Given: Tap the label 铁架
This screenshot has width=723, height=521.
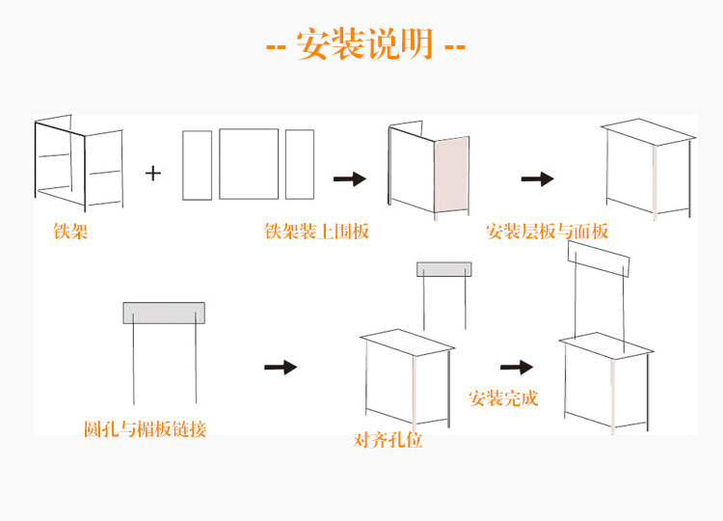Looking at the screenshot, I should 70,233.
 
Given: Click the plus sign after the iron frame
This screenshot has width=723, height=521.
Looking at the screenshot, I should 153,174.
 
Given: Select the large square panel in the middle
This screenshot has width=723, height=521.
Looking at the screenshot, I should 248,164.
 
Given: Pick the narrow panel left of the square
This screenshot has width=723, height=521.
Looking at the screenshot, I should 197,165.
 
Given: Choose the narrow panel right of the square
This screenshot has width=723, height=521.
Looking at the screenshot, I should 300,164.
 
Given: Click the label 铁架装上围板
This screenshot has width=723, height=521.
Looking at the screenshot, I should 316,233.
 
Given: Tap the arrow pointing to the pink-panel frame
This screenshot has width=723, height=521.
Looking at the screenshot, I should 350,178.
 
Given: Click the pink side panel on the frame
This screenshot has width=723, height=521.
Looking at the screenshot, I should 451,176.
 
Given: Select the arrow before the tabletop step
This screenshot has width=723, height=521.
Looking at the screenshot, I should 537,178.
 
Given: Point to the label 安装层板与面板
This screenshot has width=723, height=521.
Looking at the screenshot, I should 548,233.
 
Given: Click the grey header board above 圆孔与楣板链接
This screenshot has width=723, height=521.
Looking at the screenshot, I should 164,313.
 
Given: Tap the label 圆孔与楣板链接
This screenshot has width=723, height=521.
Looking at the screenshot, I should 145,428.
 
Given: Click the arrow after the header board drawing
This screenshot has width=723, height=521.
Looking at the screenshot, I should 280,367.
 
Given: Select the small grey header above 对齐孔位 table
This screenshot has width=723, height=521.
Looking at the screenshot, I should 444,269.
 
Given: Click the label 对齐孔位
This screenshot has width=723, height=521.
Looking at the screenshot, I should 388,441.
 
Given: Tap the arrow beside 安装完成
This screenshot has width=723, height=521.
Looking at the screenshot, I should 517,367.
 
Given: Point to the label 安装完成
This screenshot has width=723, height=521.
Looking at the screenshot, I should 503,398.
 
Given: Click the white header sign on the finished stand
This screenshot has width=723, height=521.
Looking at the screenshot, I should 598,258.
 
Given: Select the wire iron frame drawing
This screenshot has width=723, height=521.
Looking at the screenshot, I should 79,164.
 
